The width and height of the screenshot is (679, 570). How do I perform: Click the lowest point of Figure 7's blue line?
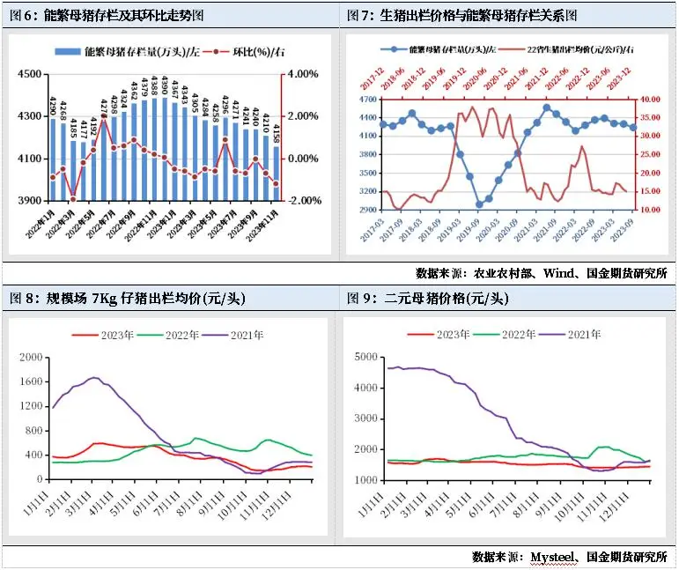click(x=479, y=204)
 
